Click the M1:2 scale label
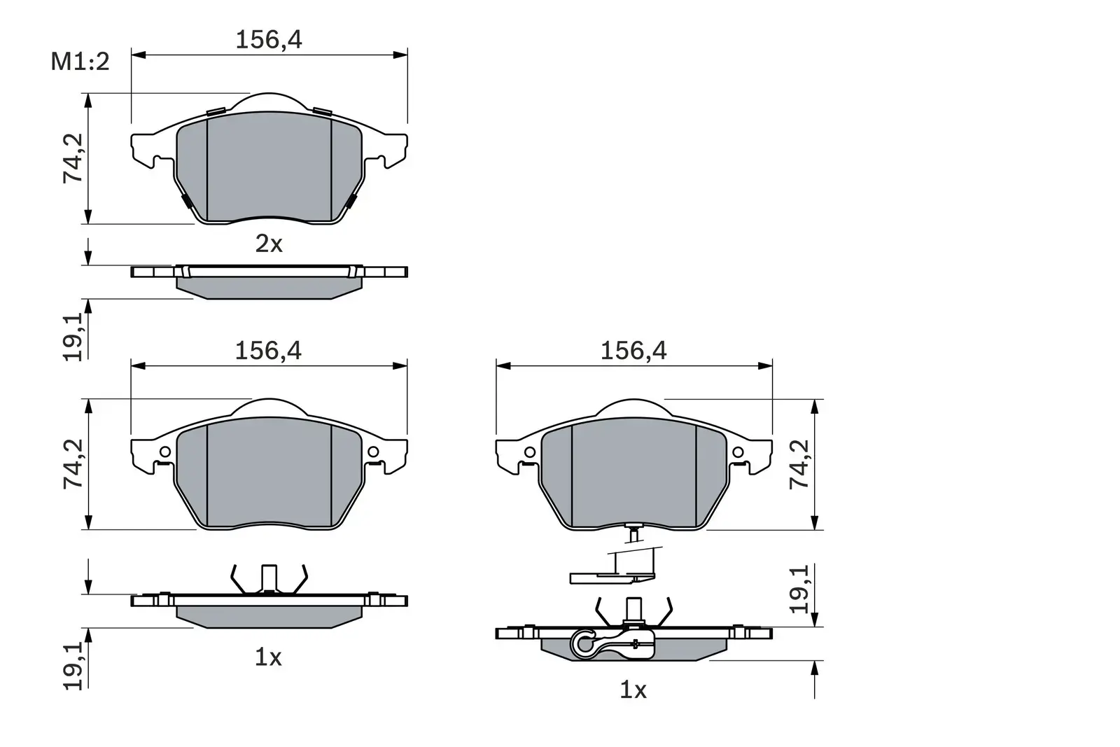[x=80, y=62]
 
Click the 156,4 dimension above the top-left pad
[x=268, y=40]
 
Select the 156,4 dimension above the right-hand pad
[x=633, y=351]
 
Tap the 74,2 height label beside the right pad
[x=799, y=464]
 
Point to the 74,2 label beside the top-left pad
[x=73, y=158]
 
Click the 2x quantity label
[x=268, y=244]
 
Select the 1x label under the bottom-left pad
[x=267, y=657]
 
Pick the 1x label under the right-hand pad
[x=633, y=691]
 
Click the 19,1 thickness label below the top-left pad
[x=73, y=337]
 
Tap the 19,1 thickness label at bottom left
[x=73, y=667]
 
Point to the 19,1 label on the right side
[x=799, y=589]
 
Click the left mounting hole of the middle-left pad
[x=165, y=452]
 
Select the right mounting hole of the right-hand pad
[x=738, y=452]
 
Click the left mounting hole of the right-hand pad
[x=530, y=452]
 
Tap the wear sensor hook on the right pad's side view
[x=584, y=643]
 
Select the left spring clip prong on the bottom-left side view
[x=236, y=578]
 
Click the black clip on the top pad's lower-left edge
[x=187, y=202]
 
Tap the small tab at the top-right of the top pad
[x=322, y=111]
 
